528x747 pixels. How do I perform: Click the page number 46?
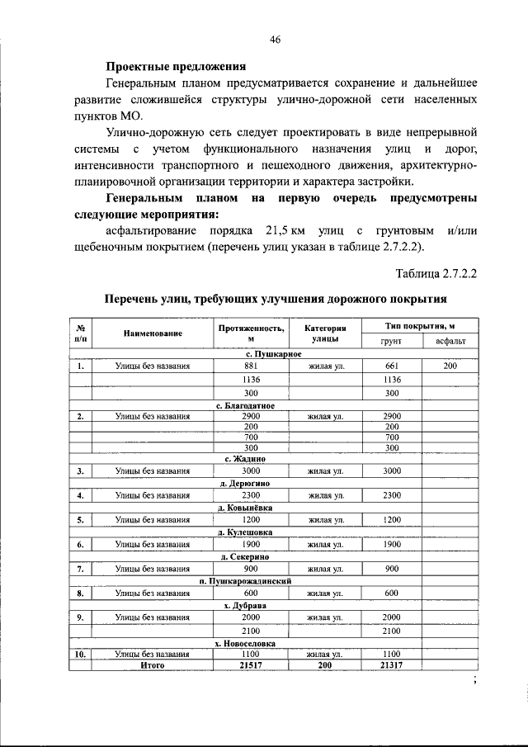pyautogui.click(x=276, y=39)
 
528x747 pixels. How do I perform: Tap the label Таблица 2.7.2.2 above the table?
pyautogui.click(x=438, y=272)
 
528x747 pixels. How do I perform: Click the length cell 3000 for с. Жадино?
pyautogui.click(x=252, y=470)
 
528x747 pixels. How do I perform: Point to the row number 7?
pyautogui.click(x=80, y=569)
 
